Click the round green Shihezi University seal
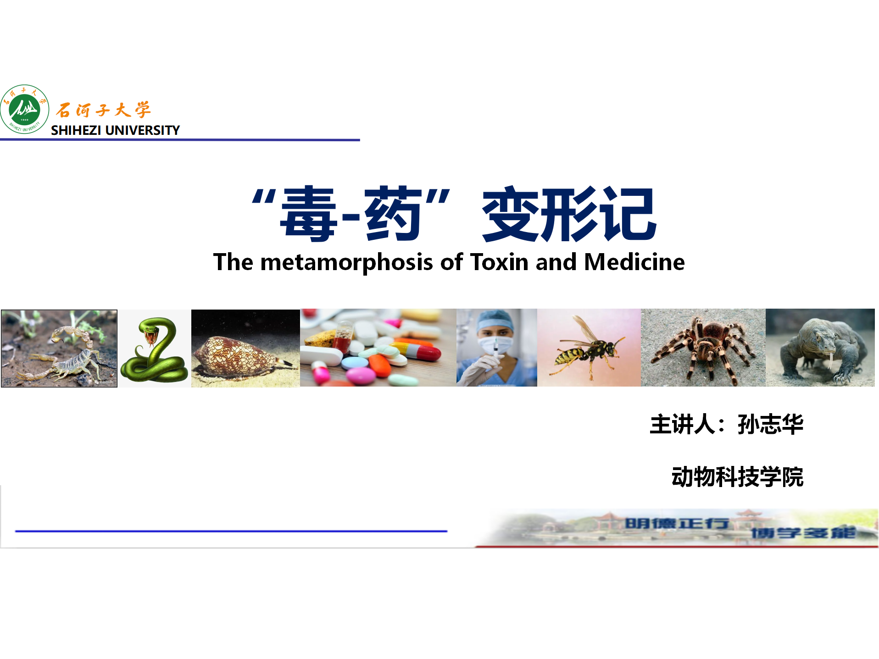(x=25, y=109)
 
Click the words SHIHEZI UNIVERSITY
(x=115, y=130)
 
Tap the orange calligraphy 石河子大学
(x=103, y=110)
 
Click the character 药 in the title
(x=393, y=214)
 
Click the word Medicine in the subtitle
(x=634, y=262)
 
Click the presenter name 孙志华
(x=770, y=424)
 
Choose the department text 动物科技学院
(x=737, y=477)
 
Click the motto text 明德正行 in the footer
(x=677, y=523)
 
